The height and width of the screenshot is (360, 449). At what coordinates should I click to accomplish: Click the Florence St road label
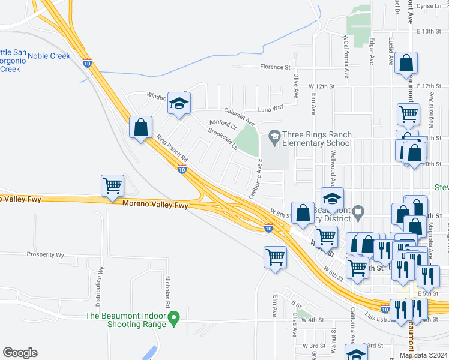tap(275, 67)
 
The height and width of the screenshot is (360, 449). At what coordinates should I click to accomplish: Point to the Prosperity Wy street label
tap(45, 254)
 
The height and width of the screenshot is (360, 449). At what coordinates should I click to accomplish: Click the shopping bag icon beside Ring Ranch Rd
tap(140, 128)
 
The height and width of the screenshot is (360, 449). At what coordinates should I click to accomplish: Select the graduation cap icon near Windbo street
tap(179, 104)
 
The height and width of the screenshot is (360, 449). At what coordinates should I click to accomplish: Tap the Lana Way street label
tap(270, 109)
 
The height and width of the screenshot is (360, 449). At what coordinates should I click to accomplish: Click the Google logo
tap(20, 353)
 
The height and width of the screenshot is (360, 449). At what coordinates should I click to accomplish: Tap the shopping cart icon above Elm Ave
tap(275, 257)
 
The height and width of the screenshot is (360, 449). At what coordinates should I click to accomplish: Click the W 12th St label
tap(321, 87)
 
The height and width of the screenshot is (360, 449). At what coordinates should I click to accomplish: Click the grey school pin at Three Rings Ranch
tap(275, 136)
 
